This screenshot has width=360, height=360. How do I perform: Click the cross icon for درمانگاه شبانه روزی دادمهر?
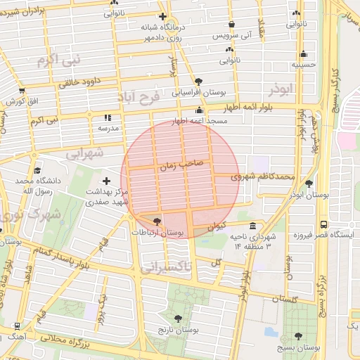click(163, 15)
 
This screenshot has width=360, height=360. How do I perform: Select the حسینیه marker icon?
click(303, 54)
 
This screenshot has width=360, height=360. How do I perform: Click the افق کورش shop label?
click(27, 101)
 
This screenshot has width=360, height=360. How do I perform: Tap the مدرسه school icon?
click(108, 118)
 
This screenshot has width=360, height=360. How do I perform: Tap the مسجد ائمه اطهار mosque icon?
click(200, 110)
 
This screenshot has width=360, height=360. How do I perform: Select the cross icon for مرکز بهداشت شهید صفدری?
click(107, 181)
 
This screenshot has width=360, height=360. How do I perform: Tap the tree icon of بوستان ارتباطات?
click(157, 220)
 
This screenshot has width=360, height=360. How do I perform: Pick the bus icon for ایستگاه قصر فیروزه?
click(323, 224)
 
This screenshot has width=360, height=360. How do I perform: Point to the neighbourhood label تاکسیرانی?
click(166, 267)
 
